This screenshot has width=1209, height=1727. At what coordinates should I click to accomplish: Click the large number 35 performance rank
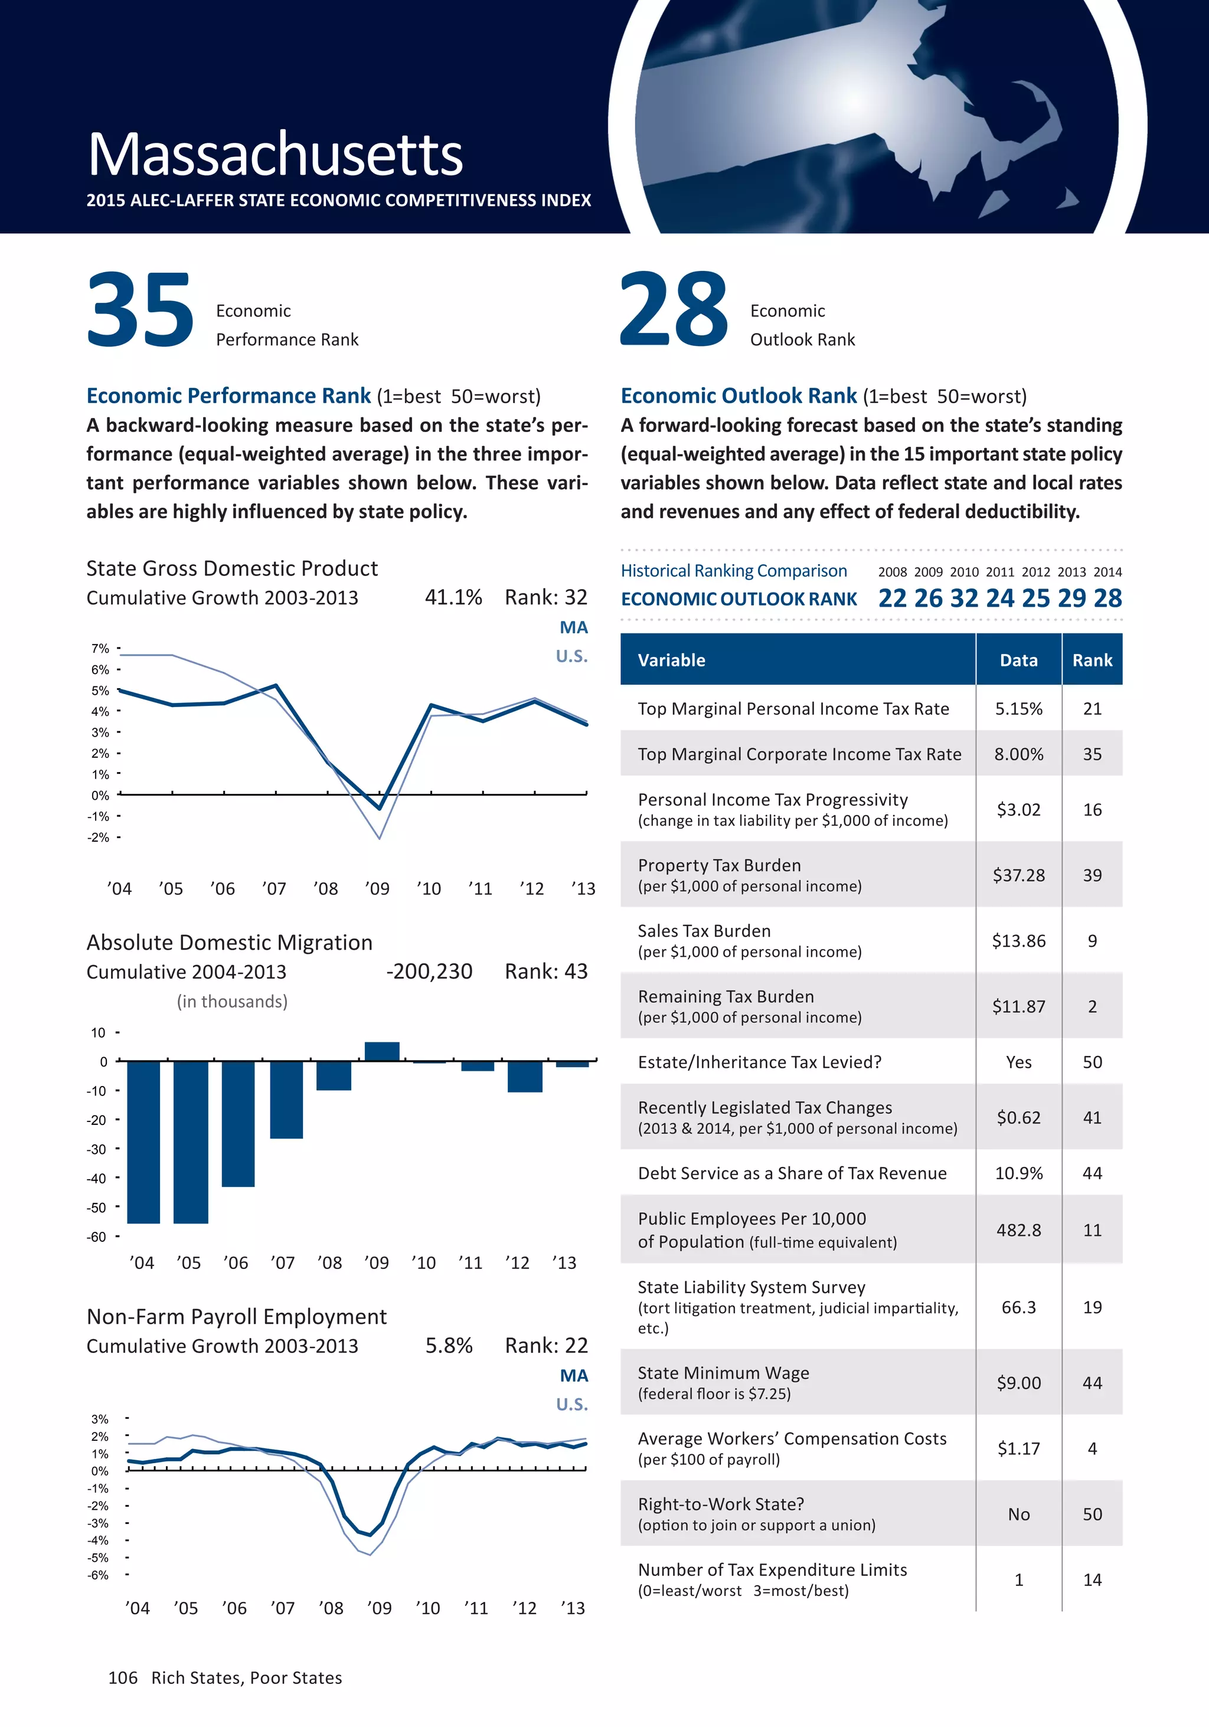coord(140,310)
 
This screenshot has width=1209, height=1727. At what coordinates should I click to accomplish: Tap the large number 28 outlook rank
coord(674,310)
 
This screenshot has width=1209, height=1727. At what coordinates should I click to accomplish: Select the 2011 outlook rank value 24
coord(1000,598)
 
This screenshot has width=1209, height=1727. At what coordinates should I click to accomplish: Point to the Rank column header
coord(1092,660)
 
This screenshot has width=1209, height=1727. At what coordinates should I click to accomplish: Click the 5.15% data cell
coord(1019,708)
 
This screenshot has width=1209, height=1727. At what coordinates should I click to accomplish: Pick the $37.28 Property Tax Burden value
coord(1019,875)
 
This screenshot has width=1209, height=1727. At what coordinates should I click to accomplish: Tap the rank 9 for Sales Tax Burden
coord(1092,941)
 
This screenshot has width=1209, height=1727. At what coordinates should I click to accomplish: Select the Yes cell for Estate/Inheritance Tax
coord(1019,1062)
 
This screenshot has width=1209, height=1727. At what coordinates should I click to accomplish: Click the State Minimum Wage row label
coord(723,1373)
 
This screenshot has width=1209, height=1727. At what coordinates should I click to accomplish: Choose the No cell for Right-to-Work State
coord(1019,1514)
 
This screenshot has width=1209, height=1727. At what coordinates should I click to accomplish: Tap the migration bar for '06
coord(238,1124)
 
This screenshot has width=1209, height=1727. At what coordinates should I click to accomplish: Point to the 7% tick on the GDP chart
coord(100,649)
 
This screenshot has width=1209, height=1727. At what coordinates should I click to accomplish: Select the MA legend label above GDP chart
coord(573,627)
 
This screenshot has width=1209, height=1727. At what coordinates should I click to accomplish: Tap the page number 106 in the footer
coord(123,1677)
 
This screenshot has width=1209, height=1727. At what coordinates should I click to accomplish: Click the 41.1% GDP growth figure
coord(453,597)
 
